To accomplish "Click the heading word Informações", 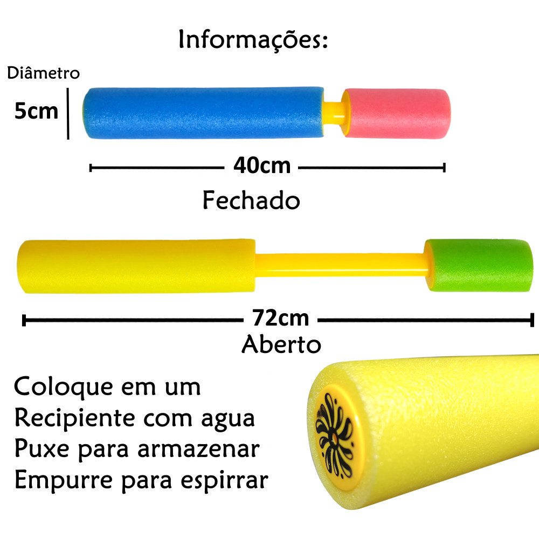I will (253, 40).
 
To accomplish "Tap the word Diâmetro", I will (43, 73).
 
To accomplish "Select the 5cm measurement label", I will (36, 111).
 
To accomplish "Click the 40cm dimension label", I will (261, 166).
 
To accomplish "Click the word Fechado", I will (251, 201).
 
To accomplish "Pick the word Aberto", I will (281, 344).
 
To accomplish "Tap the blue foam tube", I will (203, 112).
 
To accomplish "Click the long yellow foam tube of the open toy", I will (136, 266).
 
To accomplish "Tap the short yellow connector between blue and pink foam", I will (335, 112).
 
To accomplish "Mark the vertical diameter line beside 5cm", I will (68, 114).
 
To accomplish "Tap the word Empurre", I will (61, 480).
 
